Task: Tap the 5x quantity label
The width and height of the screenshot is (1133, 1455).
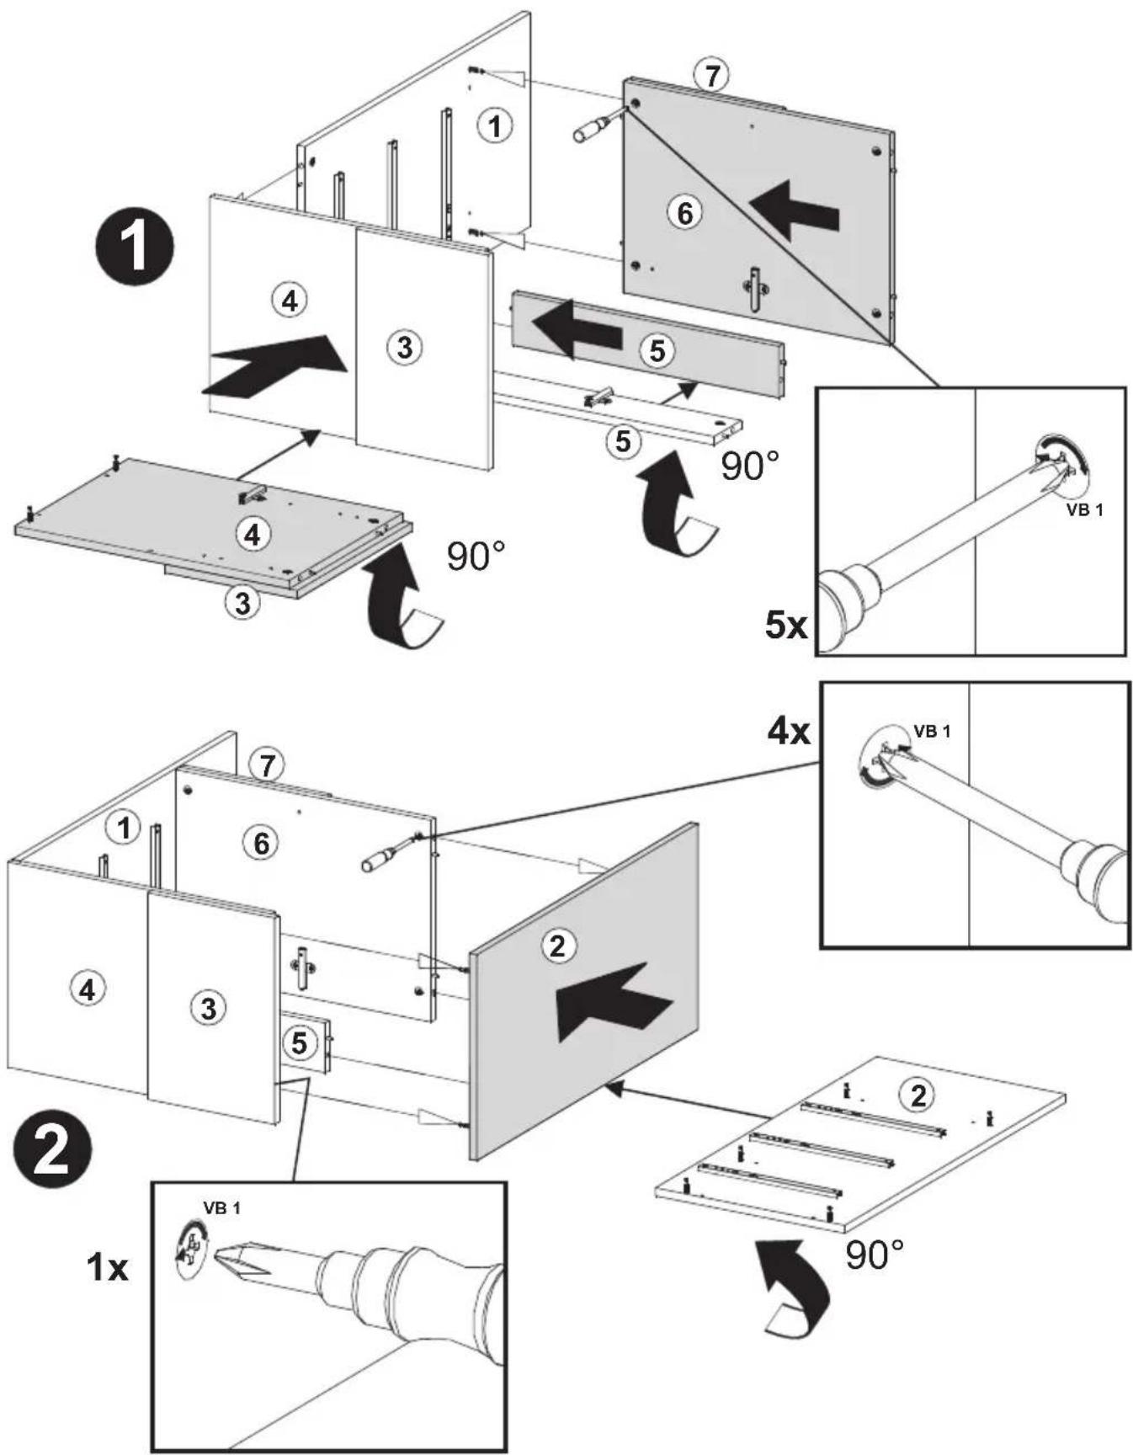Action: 786,625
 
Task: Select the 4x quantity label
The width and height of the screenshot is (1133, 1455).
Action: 789,731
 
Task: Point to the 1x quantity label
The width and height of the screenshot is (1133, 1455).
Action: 108,1266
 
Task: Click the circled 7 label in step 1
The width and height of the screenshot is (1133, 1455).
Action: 712,76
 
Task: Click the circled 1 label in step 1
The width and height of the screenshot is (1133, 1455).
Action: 495,125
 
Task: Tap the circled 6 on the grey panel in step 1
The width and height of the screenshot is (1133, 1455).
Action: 685,213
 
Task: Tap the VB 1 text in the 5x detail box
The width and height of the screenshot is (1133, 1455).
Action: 1084,509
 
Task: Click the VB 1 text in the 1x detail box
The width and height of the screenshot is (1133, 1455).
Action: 221,1208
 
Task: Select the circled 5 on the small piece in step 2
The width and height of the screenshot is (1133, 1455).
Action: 300,1043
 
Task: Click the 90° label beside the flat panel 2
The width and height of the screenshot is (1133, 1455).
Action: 874,1255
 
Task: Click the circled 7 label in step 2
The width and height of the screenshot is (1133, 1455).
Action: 268,765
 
